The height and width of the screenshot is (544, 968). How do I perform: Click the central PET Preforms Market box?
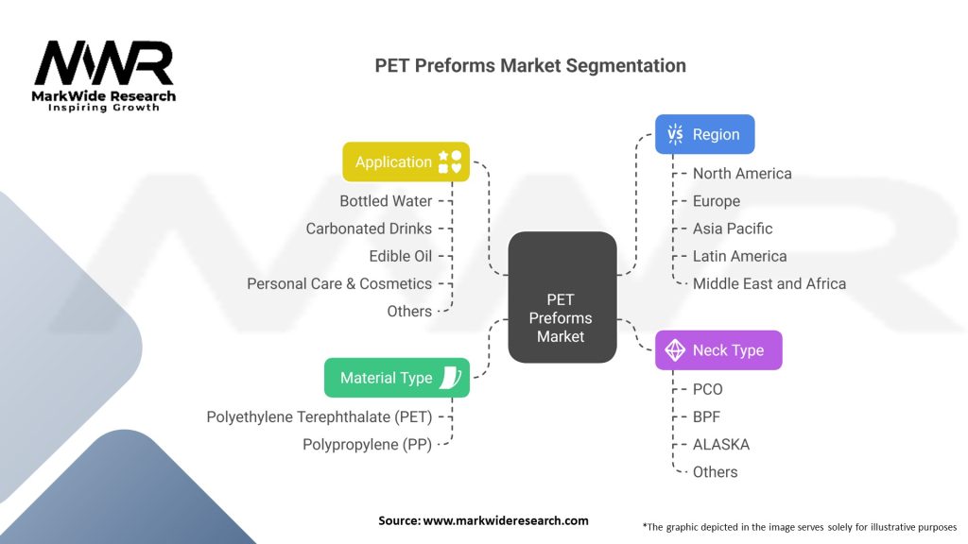click(562, 297)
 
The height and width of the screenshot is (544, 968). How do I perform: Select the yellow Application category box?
click(406, 161)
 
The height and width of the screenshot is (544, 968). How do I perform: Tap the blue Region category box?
click(704, 134)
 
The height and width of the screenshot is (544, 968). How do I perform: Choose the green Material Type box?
click(397, 378)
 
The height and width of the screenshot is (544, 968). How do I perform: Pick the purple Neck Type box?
click(718, 350)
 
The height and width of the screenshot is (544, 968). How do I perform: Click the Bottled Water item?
click(386, 201)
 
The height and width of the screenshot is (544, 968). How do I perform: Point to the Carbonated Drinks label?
click(369, 229)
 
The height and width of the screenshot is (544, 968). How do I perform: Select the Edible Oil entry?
click(400, 256)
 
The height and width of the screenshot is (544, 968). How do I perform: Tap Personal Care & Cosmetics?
click(339, 283)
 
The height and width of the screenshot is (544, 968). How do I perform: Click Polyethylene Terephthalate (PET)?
click(319, 416)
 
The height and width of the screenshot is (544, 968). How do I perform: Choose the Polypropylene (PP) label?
click(367, 444)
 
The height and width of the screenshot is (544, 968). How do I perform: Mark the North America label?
click(742, 174)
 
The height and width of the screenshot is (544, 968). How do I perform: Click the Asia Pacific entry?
click(733, 229)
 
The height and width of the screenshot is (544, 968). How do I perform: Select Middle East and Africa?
click(769, 283)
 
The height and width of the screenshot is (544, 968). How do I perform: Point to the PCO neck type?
click(708, 389)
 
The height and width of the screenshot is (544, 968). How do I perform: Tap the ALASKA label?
click(721, 444)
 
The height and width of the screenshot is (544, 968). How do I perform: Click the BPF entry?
click(707, 416)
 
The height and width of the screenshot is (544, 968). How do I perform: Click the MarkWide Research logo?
click(104, 76)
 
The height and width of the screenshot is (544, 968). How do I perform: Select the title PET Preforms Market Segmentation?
click(530, 66)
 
